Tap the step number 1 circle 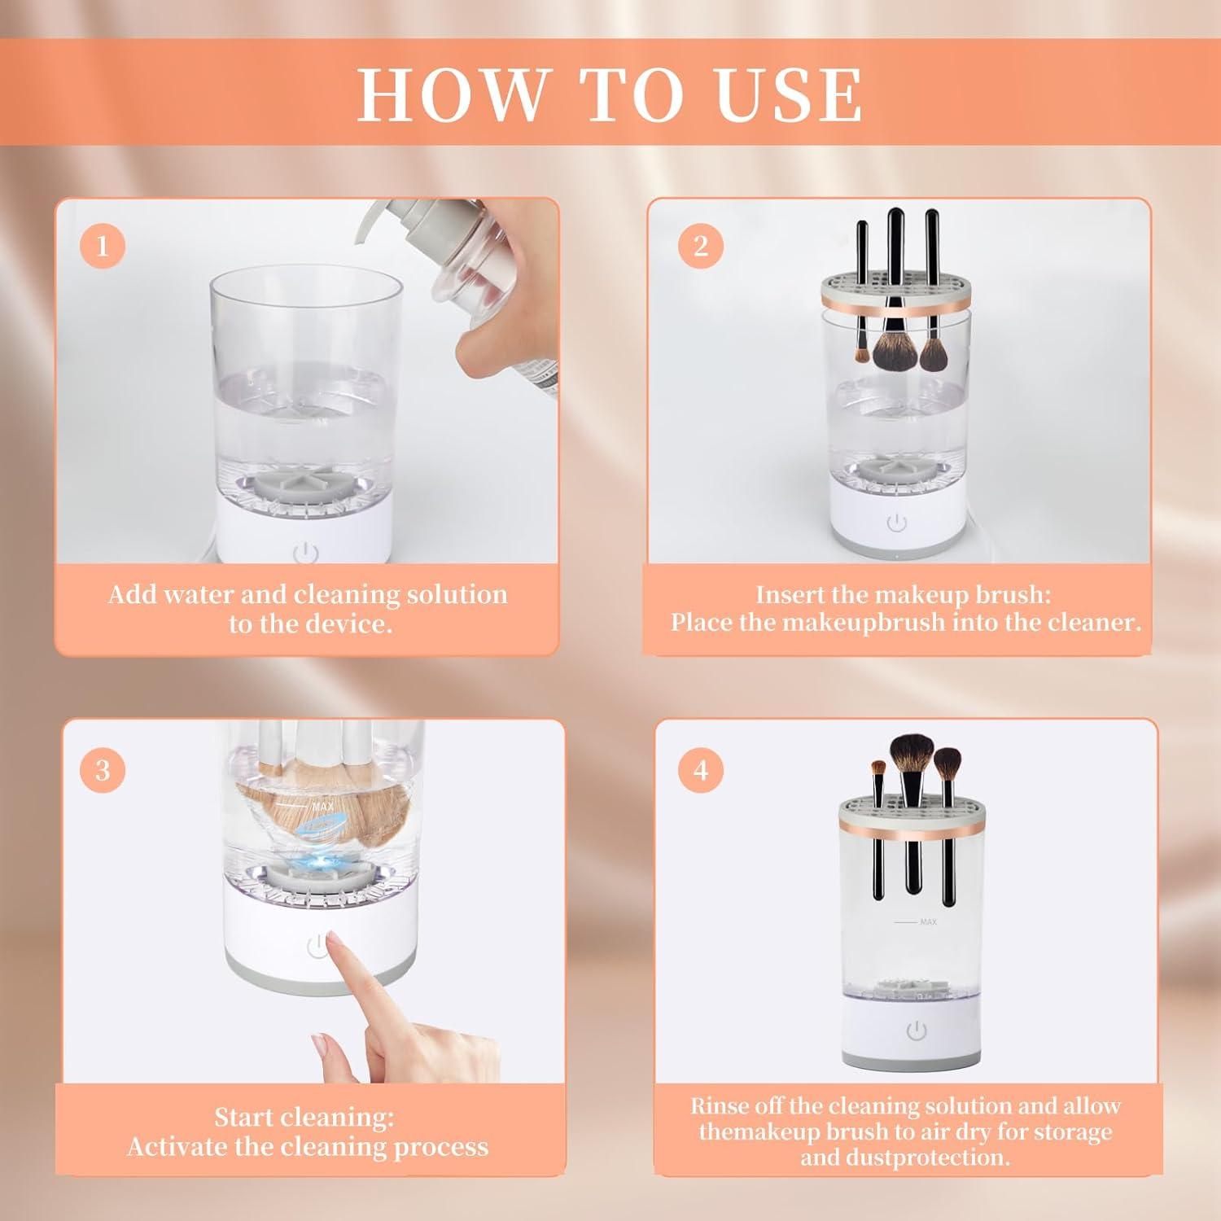103,245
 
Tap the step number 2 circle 701,245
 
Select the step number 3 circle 103,769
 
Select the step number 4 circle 701,769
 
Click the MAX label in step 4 928,921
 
